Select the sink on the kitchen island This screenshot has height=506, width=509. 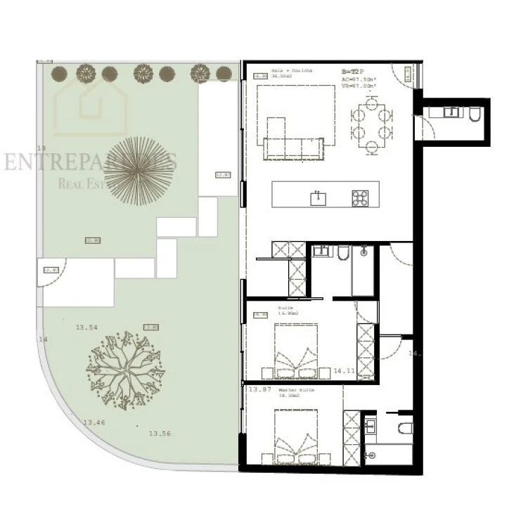click(318, 197)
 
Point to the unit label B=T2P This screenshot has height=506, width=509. click(352, 72)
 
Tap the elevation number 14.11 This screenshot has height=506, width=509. click(344, 370)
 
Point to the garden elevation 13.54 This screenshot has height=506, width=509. click(86, 327)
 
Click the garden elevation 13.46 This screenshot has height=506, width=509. click(94, 422)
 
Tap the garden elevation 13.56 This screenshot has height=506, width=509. click(160, 434)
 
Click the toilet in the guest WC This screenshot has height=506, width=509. click(473, 113)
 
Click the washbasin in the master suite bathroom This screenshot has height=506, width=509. click(371, 424)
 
